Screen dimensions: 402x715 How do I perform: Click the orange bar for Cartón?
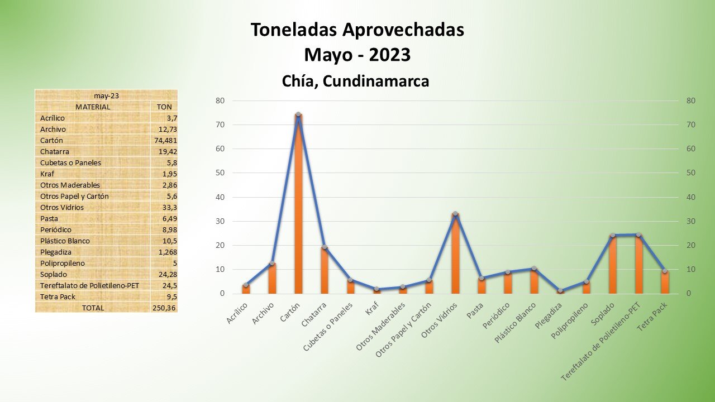pos(298,207)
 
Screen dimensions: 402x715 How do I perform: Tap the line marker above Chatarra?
pos(325,247)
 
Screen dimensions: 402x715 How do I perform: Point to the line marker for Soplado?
pos(612,235)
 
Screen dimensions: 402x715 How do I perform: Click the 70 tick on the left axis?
pos(220,125)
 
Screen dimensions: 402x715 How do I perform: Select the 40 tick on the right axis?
pos(691,197)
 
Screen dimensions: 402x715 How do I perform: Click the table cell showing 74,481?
pos(165,140)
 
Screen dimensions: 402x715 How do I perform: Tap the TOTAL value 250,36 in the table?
pos(164,308)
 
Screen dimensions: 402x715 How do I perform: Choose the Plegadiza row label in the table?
pos(56,252)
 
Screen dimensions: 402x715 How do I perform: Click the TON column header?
pos(164,107)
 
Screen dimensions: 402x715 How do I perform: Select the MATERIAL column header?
pos(93,107)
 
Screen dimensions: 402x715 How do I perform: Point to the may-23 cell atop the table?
pos(106,95)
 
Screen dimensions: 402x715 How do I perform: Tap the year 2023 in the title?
pos(389,55)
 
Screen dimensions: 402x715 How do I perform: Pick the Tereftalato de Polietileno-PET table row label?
pos(89,285)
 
